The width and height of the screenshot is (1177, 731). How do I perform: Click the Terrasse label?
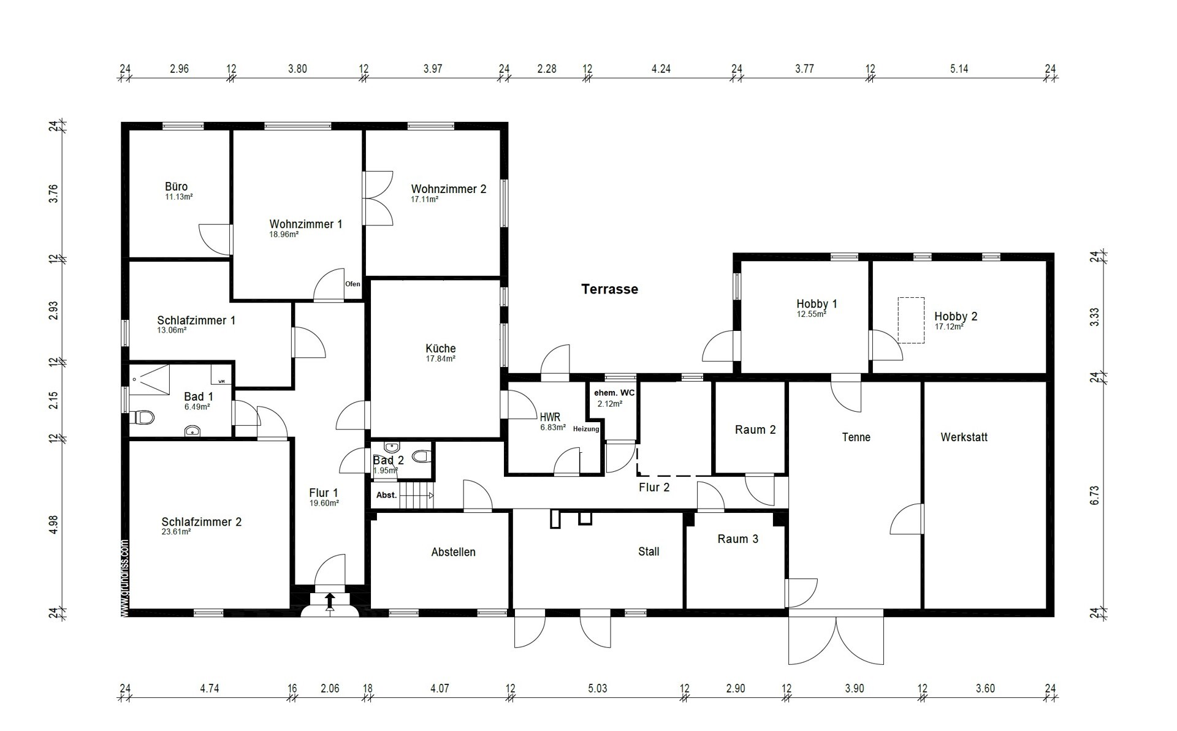pos(609,289)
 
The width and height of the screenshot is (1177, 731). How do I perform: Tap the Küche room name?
pos(441,349)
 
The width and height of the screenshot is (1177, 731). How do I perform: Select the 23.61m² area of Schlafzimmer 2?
pos(176,532)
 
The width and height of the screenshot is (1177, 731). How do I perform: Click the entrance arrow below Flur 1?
pos(330,602)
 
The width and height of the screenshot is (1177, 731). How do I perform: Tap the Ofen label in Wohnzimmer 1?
pos(352,284)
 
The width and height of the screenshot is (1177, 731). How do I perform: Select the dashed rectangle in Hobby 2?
pos(911,320)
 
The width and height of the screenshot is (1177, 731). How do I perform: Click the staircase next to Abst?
pos(416,495)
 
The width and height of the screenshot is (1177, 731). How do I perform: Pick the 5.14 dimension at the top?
pos(959,69)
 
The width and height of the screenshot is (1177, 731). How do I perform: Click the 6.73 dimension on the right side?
pos(1094,495)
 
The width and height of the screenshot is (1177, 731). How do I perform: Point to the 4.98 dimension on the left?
pos(54,525)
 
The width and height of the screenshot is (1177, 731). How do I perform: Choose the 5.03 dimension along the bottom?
pos(598,688)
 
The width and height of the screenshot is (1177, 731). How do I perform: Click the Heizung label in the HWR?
pos(586,429)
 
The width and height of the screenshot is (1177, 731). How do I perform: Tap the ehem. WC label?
pos(614,392)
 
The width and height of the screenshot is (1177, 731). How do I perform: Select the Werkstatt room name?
pos(964,437)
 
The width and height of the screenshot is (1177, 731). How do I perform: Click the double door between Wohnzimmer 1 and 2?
pos(378,198)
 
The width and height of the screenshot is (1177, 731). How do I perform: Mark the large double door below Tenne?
pos(836,637)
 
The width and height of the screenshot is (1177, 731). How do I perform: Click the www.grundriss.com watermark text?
pos(124,578)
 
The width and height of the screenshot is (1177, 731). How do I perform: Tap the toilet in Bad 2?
pos(421,456)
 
